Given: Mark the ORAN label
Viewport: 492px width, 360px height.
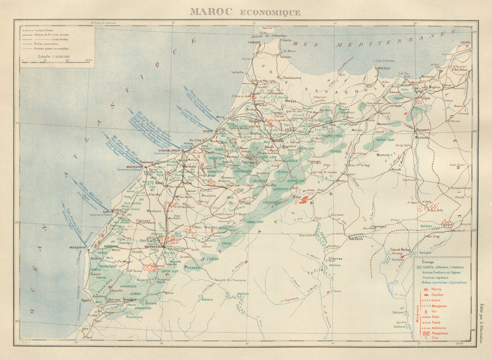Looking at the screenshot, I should pos(464,42).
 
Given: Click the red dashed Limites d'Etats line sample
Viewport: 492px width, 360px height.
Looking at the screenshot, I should pos(27,30).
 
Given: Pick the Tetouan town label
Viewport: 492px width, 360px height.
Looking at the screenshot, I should pos(286,57).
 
